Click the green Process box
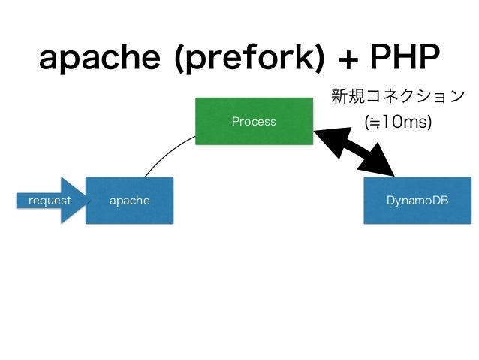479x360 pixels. (x=254, y=121)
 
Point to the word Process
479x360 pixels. (x=254, y=121)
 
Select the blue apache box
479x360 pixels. (x=130, y=201)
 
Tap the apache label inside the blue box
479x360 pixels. (x=130, y=201)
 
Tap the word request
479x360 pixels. (x=50, y=201)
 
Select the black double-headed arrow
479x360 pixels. (x=354, y=153)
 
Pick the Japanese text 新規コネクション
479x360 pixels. (x=398, y=96)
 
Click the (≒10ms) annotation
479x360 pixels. (x=398, y=122)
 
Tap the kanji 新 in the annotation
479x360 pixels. (x=339, y=96)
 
